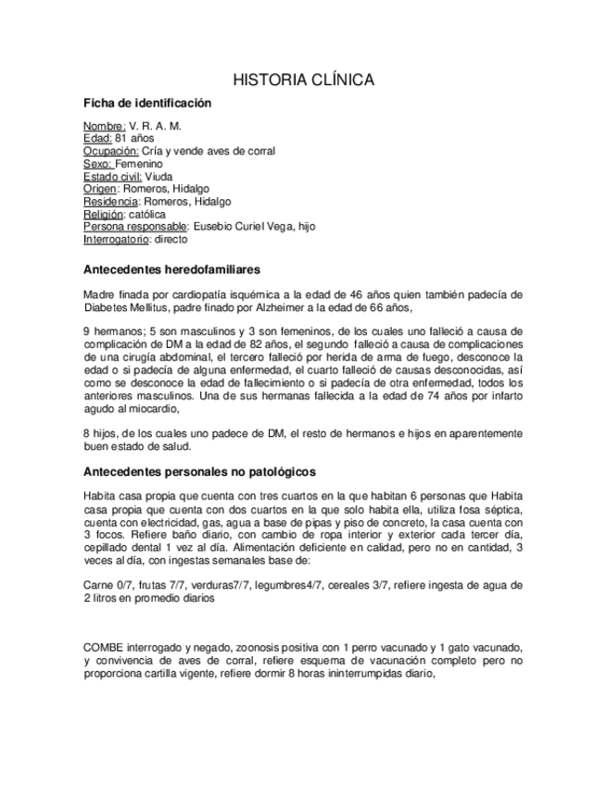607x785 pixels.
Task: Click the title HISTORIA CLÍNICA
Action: (303, 81)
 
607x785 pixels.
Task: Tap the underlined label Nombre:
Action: (104, 125)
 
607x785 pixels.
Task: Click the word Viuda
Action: (158, 176)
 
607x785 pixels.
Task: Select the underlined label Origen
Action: (100, 189)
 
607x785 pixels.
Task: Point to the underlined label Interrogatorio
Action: (116, 239)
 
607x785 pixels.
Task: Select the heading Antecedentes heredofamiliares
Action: (171, 270)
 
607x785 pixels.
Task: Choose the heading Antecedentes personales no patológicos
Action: (199, 471)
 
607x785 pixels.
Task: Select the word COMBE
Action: (103, 645)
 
